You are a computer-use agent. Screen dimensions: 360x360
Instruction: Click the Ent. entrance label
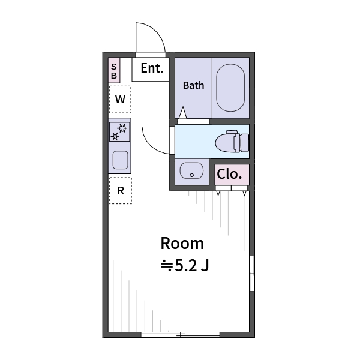(x=152, y=68)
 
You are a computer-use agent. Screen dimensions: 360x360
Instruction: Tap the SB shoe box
(x=114, y=71)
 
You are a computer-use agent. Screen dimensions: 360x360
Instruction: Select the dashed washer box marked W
(x=120, y=100)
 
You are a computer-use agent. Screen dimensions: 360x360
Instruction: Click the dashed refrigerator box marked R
(x=120, y=191)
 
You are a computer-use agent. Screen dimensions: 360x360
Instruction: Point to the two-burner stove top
(x=119, y=131)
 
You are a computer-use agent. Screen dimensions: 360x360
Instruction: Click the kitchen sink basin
(x=120, y=160)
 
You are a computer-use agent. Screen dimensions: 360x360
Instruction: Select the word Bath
(x=193, y=85)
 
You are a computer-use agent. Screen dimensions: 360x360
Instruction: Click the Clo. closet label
(x=230, y=175)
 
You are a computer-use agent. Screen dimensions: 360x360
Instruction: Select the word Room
(x=182, y=244)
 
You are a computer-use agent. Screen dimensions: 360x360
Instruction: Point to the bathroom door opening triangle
(x=182, y=113)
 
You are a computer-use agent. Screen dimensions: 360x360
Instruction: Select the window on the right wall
(x=252, y=274)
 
